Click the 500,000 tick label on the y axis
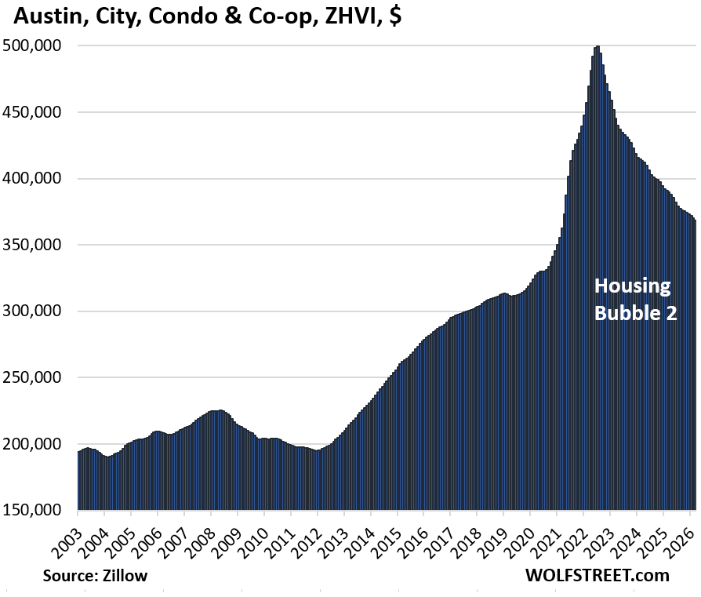pos(37,46)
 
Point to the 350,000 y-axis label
pos(37,246)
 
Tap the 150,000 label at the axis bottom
pos(37,511)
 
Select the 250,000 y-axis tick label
pos(37,378)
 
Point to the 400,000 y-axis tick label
pos(37,179)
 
